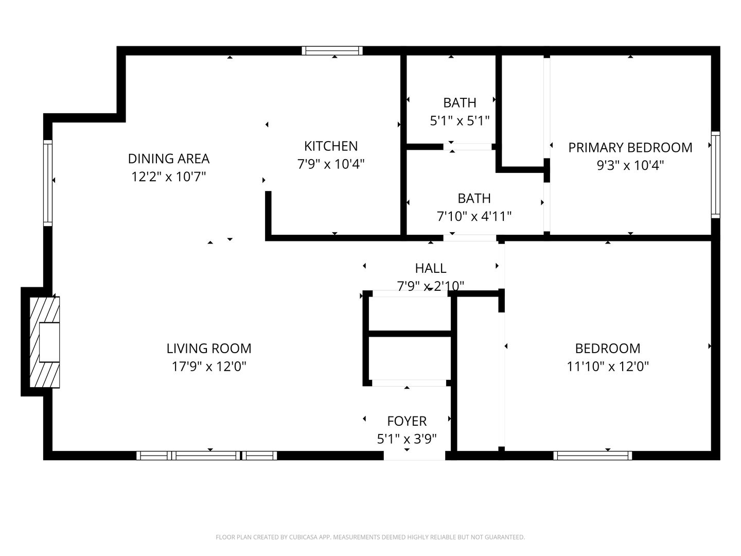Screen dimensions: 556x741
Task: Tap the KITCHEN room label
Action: pos(331,146)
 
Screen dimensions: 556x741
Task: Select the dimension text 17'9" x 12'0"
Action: pos(209,367)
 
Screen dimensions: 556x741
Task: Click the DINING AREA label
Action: pos(169,158)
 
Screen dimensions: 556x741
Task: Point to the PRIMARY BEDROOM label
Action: pos(630,147)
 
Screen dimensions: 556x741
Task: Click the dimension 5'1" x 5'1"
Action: pos(460,121)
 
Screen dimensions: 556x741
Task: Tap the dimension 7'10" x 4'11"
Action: pos(474,216)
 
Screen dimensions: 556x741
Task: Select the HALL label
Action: pos(431,268)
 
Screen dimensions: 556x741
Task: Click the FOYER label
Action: pos(407,421)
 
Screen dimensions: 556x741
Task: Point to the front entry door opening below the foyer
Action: pos(414,456)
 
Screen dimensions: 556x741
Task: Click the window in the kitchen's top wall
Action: pos(332,50)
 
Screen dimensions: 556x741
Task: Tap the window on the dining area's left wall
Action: pos(48,183)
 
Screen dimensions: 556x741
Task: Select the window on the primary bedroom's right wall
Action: pos(715,173)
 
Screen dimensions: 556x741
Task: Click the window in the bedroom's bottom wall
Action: pos(593,455)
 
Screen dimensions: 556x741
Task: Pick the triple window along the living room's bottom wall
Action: pos(206,455)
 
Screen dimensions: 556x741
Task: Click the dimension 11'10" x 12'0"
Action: pos(607,367)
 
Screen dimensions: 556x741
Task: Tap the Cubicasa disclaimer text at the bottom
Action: pos(370,537)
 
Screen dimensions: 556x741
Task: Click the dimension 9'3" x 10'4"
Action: pos(630,165)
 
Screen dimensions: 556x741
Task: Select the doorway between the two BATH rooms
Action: pos(468,147)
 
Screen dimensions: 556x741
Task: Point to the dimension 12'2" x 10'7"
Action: pos(169,177)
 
